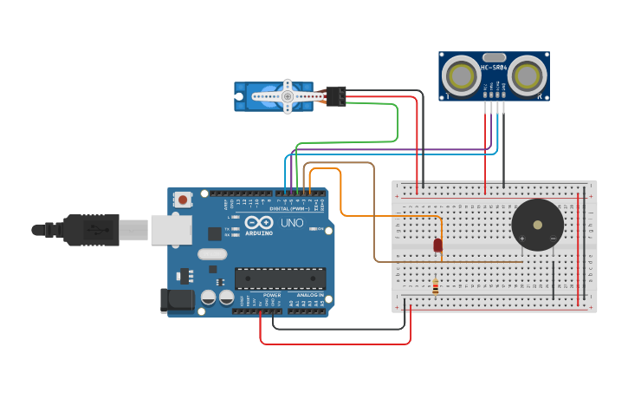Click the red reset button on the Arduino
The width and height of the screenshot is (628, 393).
point(183,200)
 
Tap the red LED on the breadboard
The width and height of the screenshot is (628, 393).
point(437,246)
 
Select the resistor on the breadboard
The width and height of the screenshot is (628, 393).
point(435,286)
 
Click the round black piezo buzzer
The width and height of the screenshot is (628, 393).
point(537,225)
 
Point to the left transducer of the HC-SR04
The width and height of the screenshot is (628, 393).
point(461,76)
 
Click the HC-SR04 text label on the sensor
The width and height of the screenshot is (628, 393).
point(494,68)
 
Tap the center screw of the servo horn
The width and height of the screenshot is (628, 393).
point(287,96)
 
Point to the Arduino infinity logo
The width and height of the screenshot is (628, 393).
point(259,222)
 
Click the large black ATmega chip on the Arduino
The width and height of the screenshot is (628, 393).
point(280,278)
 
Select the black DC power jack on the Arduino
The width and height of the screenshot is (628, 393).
point(178,300)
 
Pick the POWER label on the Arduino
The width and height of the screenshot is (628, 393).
point(272,296)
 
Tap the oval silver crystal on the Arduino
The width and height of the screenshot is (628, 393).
point(212,254)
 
